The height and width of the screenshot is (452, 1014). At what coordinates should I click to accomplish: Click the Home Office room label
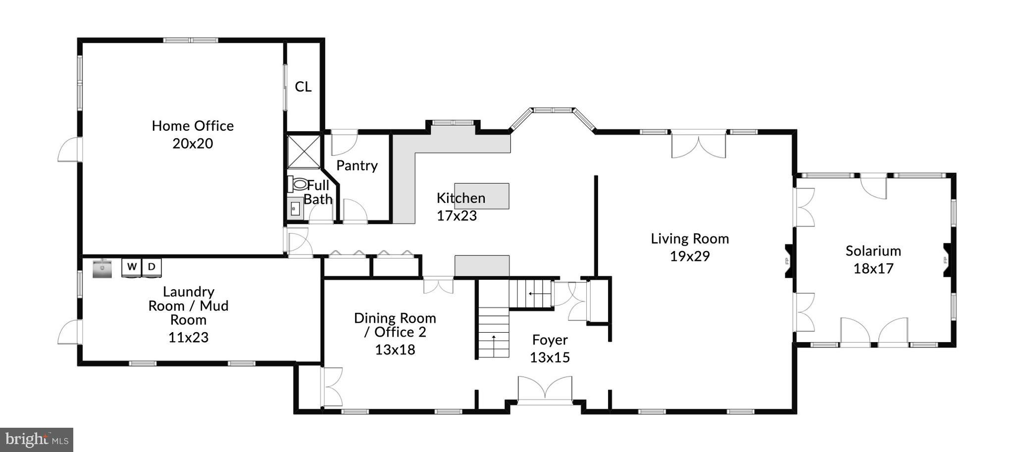coord(193,126)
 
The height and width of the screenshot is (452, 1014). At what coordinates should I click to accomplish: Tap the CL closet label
coord(303,87)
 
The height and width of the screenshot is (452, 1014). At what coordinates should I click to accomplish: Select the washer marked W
coord(132,267)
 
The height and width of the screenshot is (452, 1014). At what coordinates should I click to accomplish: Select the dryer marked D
coord(152,267)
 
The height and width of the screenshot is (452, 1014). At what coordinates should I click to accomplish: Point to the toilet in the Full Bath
coord(299,184)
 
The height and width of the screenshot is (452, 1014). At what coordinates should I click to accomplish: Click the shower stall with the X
coord(304,151)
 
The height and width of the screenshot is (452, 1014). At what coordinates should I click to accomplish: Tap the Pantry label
coord(357,165)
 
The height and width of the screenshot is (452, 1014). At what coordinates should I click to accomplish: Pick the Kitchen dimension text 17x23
coord(456,216)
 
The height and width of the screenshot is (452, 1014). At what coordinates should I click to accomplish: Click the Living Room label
coord(690,239)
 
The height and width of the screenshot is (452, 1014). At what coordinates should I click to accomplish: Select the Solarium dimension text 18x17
coord(873,269)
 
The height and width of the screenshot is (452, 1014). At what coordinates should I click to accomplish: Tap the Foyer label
coord(550,340)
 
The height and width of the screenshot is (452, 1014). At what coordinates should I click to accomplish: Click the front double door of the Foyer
coord(545,389)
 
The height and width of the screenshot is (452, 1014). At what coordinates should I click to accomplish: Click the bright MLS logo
coord(37,440)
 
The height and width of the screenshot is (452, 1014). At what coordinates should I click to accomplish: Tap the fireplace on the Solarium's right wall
coord(947,260)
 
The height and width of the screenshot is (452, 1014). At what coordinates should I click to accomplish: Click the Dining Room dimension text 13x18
coord(395,350)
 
